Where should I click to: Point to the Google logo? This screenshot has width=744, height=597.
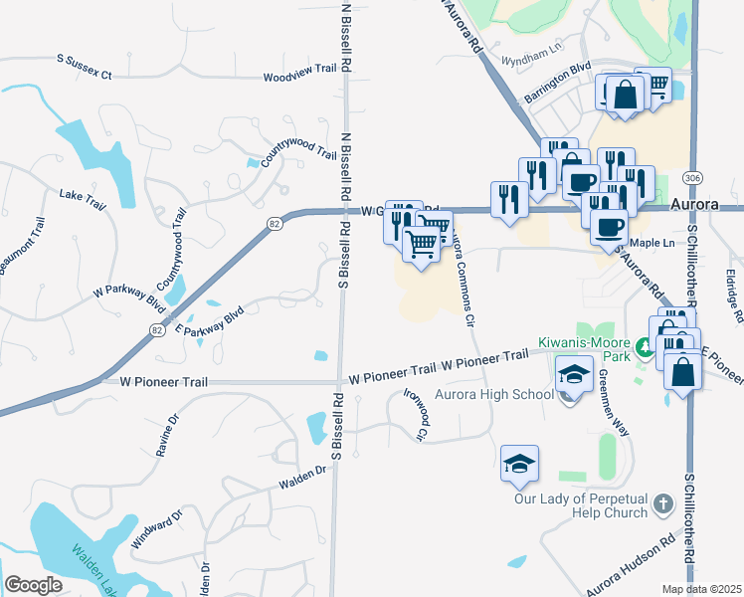click(x=33, y=585)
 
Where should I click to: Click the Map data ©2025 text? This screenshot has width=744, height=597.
click(x=702, y=589)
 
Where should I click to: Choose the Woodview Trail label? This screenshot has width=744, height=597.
click(x=300, y=77)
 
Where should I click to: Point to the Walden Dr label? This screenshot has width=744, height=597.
click(x=303, y=477)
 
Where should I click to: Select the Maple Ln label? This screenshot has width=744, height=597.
click(x=652, y=243)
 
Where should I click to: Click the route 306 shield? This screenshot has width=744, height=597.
click(x=693, y=177)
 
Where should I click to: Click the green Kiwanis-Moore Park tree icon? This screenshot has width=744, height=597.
click(x=646, y=349)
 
